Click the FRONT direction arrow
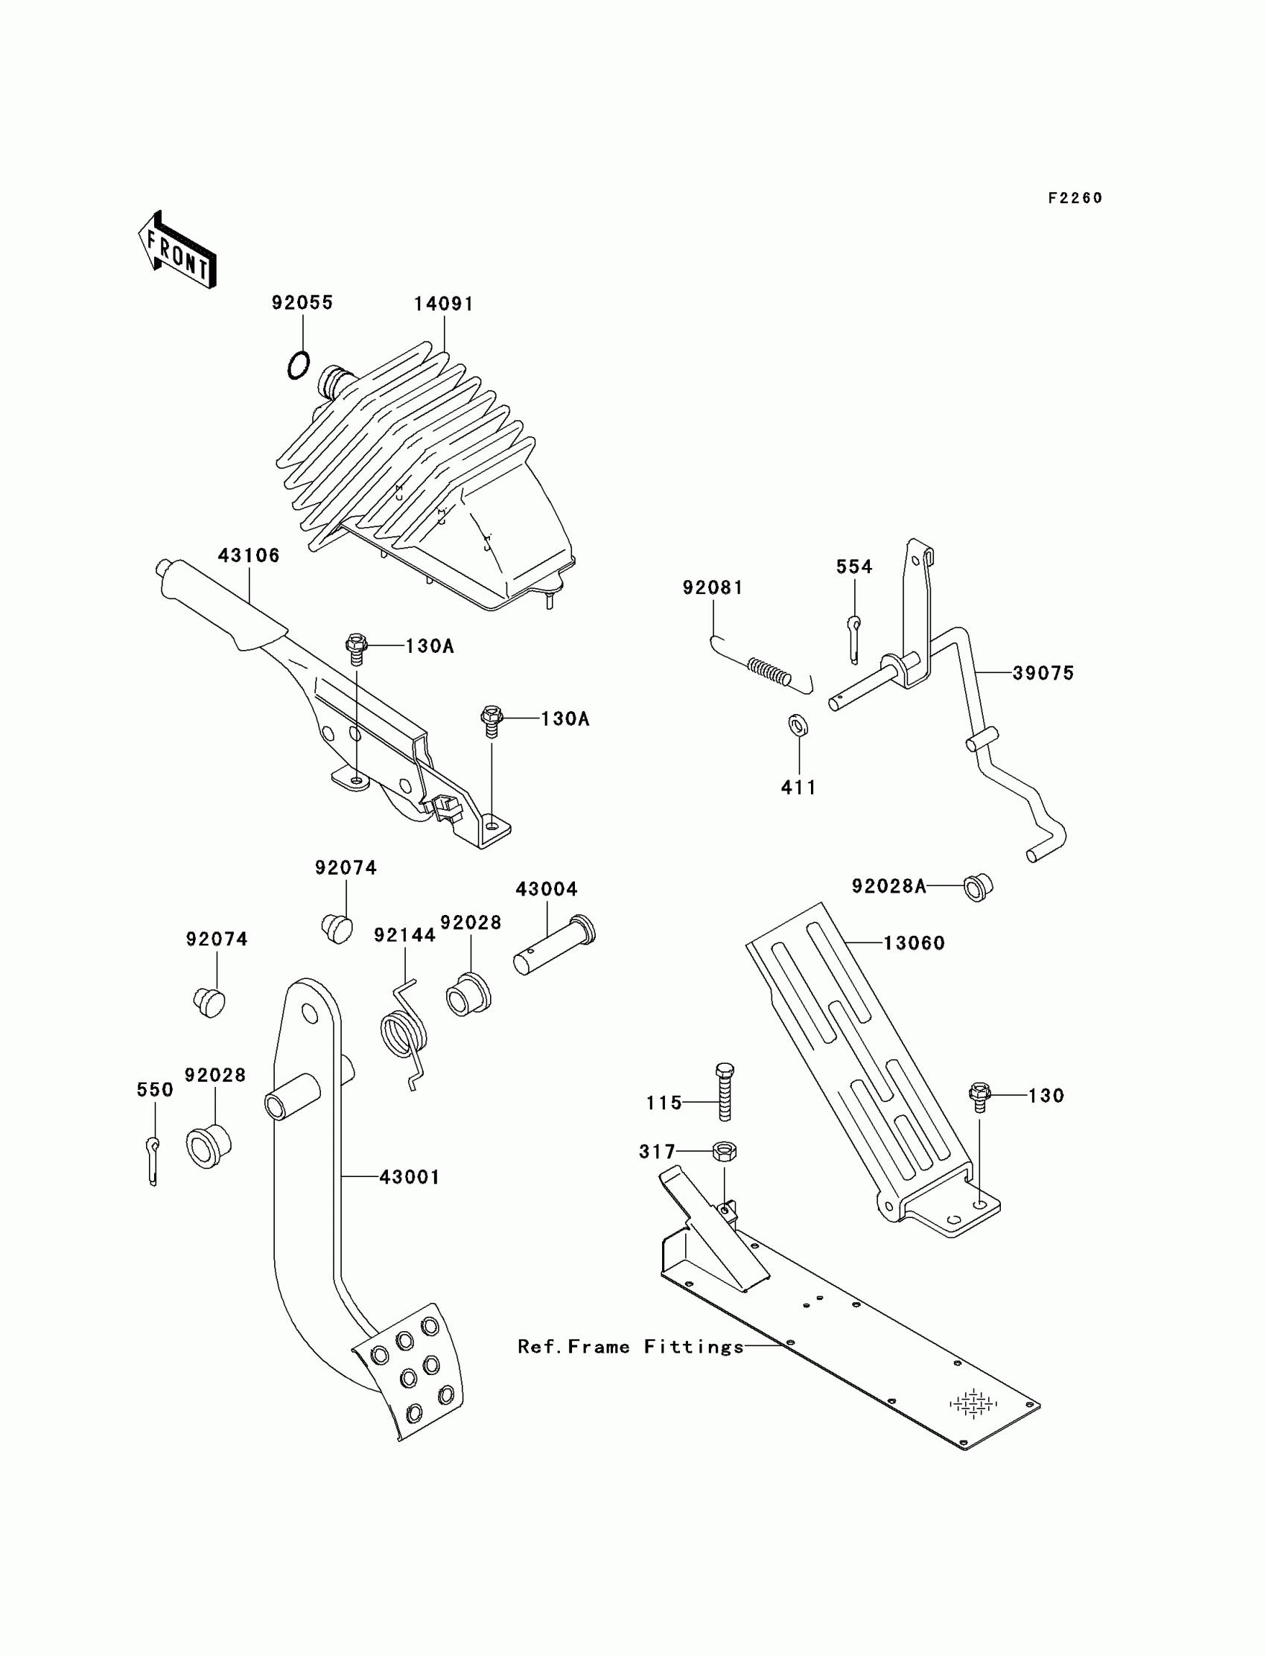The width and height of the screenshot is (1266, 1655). pos(178,250)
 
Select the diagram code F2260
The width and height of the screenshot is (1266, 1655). pos(1075,198)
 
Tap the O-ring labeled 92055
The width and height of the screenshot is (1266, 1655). pos(299,366)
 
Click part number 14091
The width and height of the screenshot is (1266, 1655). pos(443,304)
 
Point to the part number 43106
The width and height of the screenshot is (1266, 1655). pos(249,555)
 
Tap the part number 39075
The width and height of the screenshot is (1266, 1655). pos(1043,673)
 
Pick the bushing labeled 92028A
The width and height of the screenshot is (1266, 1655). pos(978,887)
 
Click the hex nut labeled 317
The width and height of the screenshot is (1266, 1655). pos(724,1151)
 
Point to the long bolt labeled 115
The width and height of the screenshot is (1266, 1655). pos(724,1092)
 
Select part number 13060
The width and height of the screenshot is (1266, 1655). pos(914,943)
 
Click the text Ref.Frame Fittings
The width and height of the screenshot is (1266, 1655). pos(631,1346)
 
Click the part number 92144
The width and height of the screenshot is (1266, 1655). pos(404,935)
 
